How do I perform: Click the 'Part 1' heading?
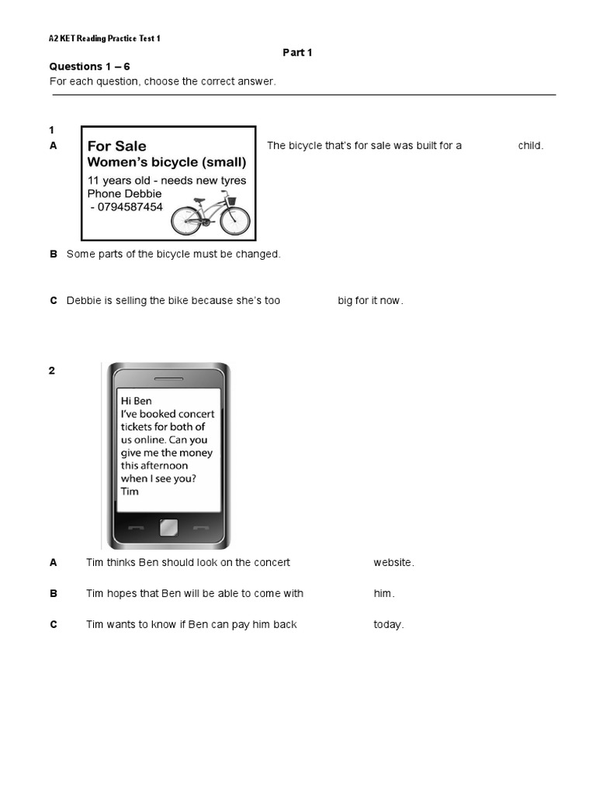pos(296,52)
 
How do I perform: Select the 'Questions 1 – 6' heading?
pos(89,67)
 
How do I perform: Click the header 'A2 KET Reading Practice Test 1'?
pos(105,38)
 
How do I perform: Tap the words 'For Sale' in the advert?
pos(116,146)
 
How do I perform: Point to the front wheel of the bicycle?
pos(235,221)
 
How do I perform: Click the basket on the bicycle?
pos(230,200)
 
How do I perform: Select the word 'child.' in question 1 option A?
pos(531,146)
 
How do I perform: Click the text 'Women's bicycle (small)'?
pos(167,163)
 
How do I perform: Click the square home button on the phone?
pos(168,529)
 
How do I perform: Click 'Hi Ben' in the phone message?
pos(137,401)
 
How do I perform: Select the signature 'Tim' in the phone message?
pos(130,491)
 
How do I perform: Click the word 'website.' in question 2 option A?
pos(393,563)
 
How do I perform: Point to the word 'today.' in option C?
pos(389,625)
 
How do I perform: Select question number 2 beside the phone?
pos(52,371)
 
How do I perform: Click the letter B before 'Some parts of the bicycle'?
pos(54,254)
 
